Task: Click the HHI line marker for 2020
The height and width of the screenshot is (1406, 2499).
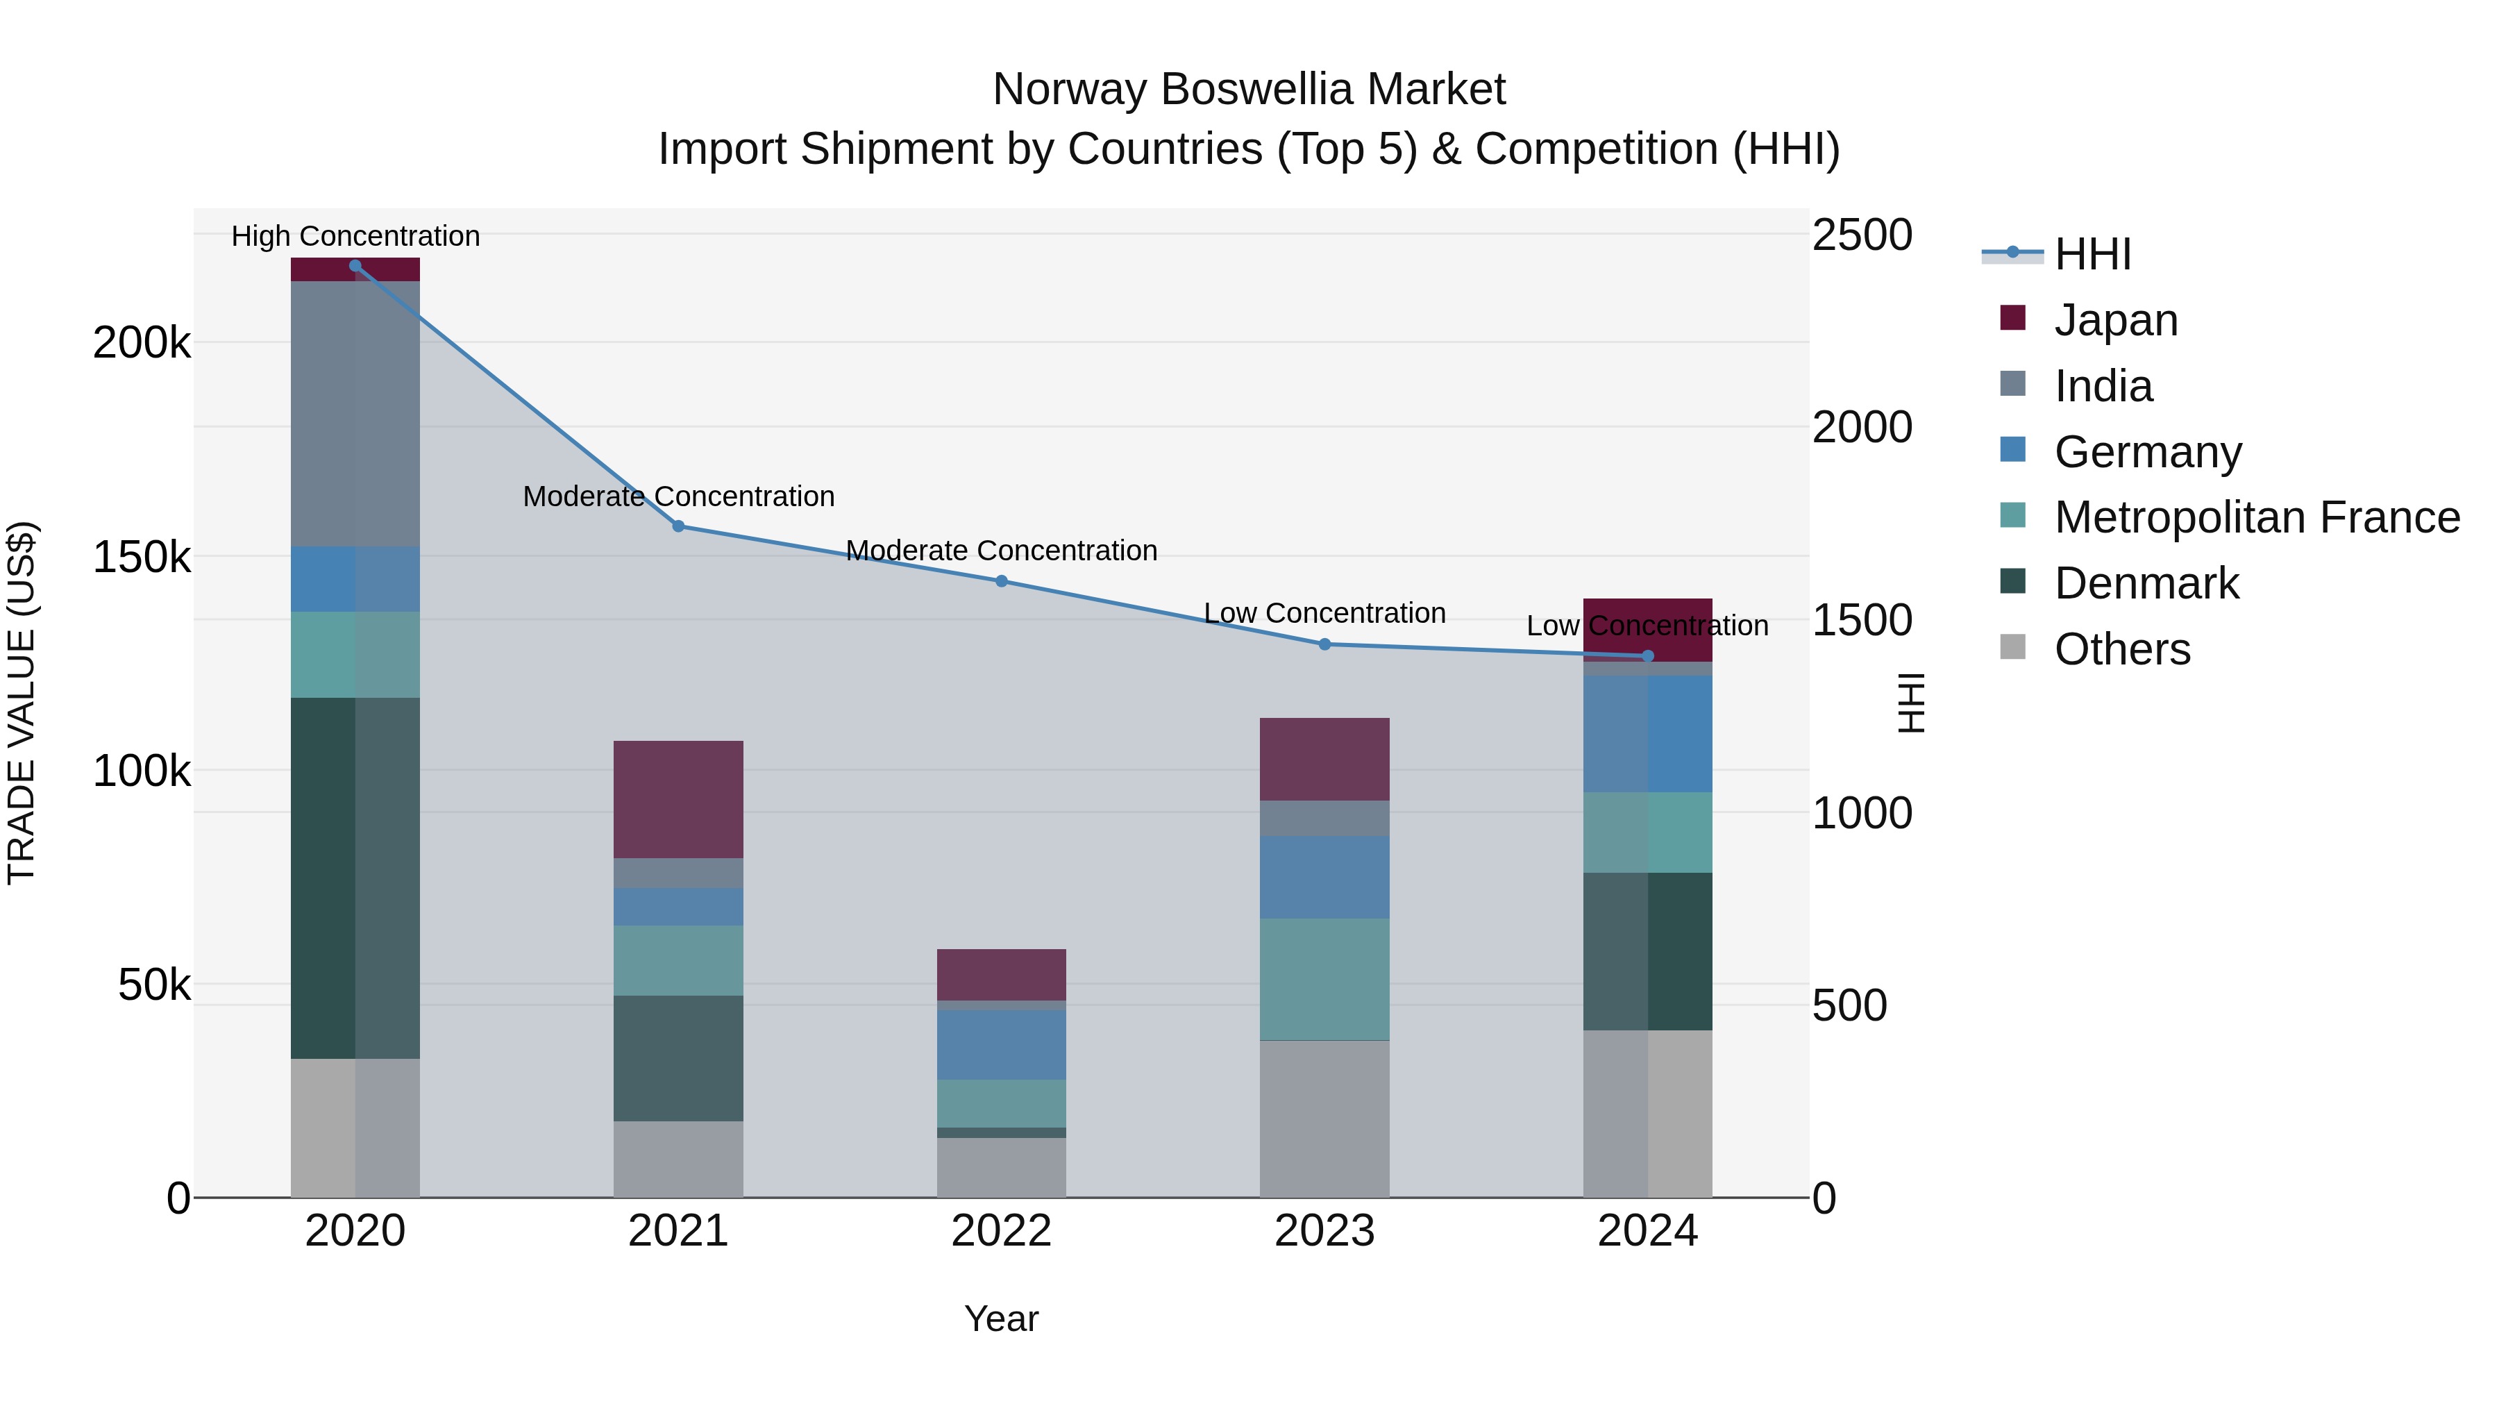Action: (355, 266)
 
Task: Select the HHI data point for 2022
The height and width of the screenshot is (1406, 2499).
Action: (1001, 581)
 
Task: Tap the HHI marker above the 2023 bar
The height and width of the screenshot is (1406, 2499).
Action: (1324, 644)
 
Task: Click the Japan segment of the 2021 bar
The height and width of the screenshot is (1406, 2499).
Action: (678, 800)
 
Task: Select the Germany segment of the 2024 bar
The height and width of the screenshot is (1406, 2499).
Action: (1647, 734)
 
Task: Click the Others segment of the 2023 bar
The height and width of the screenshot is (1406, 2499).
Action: (1324, 1119)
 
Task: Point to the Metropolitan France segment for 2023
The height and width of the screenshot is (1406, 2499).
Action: (1324, 979)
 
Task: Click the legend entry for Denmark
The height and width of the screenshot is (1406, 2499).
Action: (2146, 583)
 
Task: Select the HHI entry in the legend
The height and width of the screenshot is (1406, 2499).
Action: (2092, 254)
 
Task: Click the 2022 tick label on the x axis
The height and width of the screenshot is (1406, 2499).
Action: (1001, 1231)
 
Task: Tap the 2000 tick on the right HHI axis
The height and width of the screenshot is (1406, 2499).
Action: (1862, 428)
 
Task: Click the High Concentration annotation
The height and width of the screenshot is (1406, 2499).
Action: (355, 236)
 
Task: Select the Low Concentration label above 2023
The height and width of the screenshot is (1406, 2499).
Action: (1324, 613)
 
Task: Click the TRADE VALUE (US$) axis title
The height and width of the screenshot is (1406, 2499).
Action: (22, 703)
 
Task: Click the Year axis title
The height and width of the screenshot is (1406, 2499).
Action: (1001, 1319)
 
